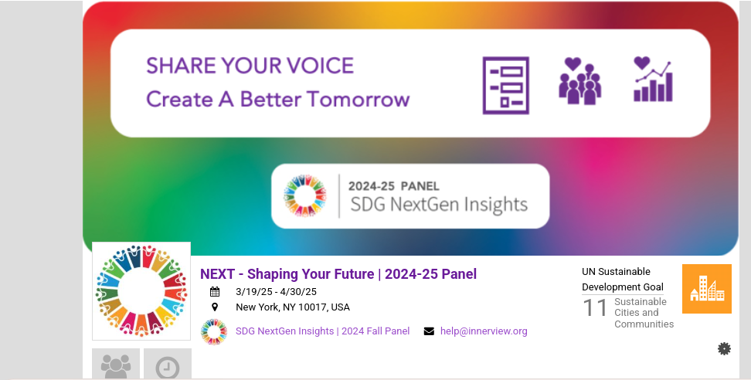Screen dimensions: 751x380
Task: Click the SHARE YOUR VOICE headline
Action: coord(250,66)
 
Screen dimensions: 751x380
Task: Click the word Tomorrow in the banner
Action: coord(359,99)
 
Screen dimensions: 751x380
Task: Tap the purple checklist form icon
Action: coord(506,86)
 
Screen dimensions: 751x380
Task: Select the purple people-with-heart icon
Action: coord(580,81)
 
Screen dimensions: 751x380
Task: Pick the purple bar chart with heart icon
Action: coord(653,79)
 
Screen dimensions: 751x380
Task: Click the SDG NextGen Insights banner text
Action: coord(439,205)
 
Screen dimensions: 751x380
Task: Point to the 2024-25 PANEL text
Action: coord(394,185)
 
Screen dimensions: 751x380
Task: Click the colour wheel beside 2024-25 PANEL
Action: coord(305,195)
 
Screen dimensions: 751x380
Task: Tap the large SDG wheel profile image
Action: coord(141,291)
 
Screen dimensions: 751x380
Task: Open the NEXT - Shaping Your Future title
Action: coord(338,273)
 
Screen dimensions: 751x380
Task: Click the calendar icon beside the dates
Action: coord(215,291)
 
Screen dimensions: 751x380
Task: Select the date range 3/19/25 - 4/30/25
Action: coord(276,291)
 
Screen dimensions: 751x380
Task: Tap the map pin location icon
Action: coord(215,307)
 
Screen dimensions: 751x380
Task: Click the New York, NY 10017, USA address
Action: coord(293,307)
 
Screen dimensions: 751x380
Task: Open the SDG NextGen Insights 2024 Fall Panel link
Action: coord(322,331)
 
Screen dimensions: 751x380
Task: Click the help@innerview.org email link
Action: coord(484,331)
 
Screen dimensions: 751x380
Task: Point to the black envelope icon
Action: coord(429,331)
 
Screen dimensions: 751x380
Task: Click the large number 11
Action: coord(595,307)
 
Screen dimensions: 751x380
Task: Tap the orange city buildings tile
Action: coord(706,289)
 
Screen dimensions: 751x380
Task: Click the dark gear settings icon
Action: coord(724,349)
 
